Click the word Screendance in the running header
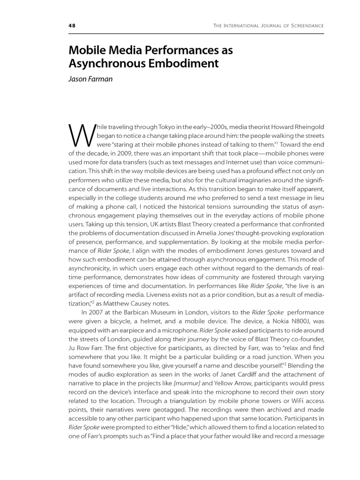pyautogui.click(x=305, y=25)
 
